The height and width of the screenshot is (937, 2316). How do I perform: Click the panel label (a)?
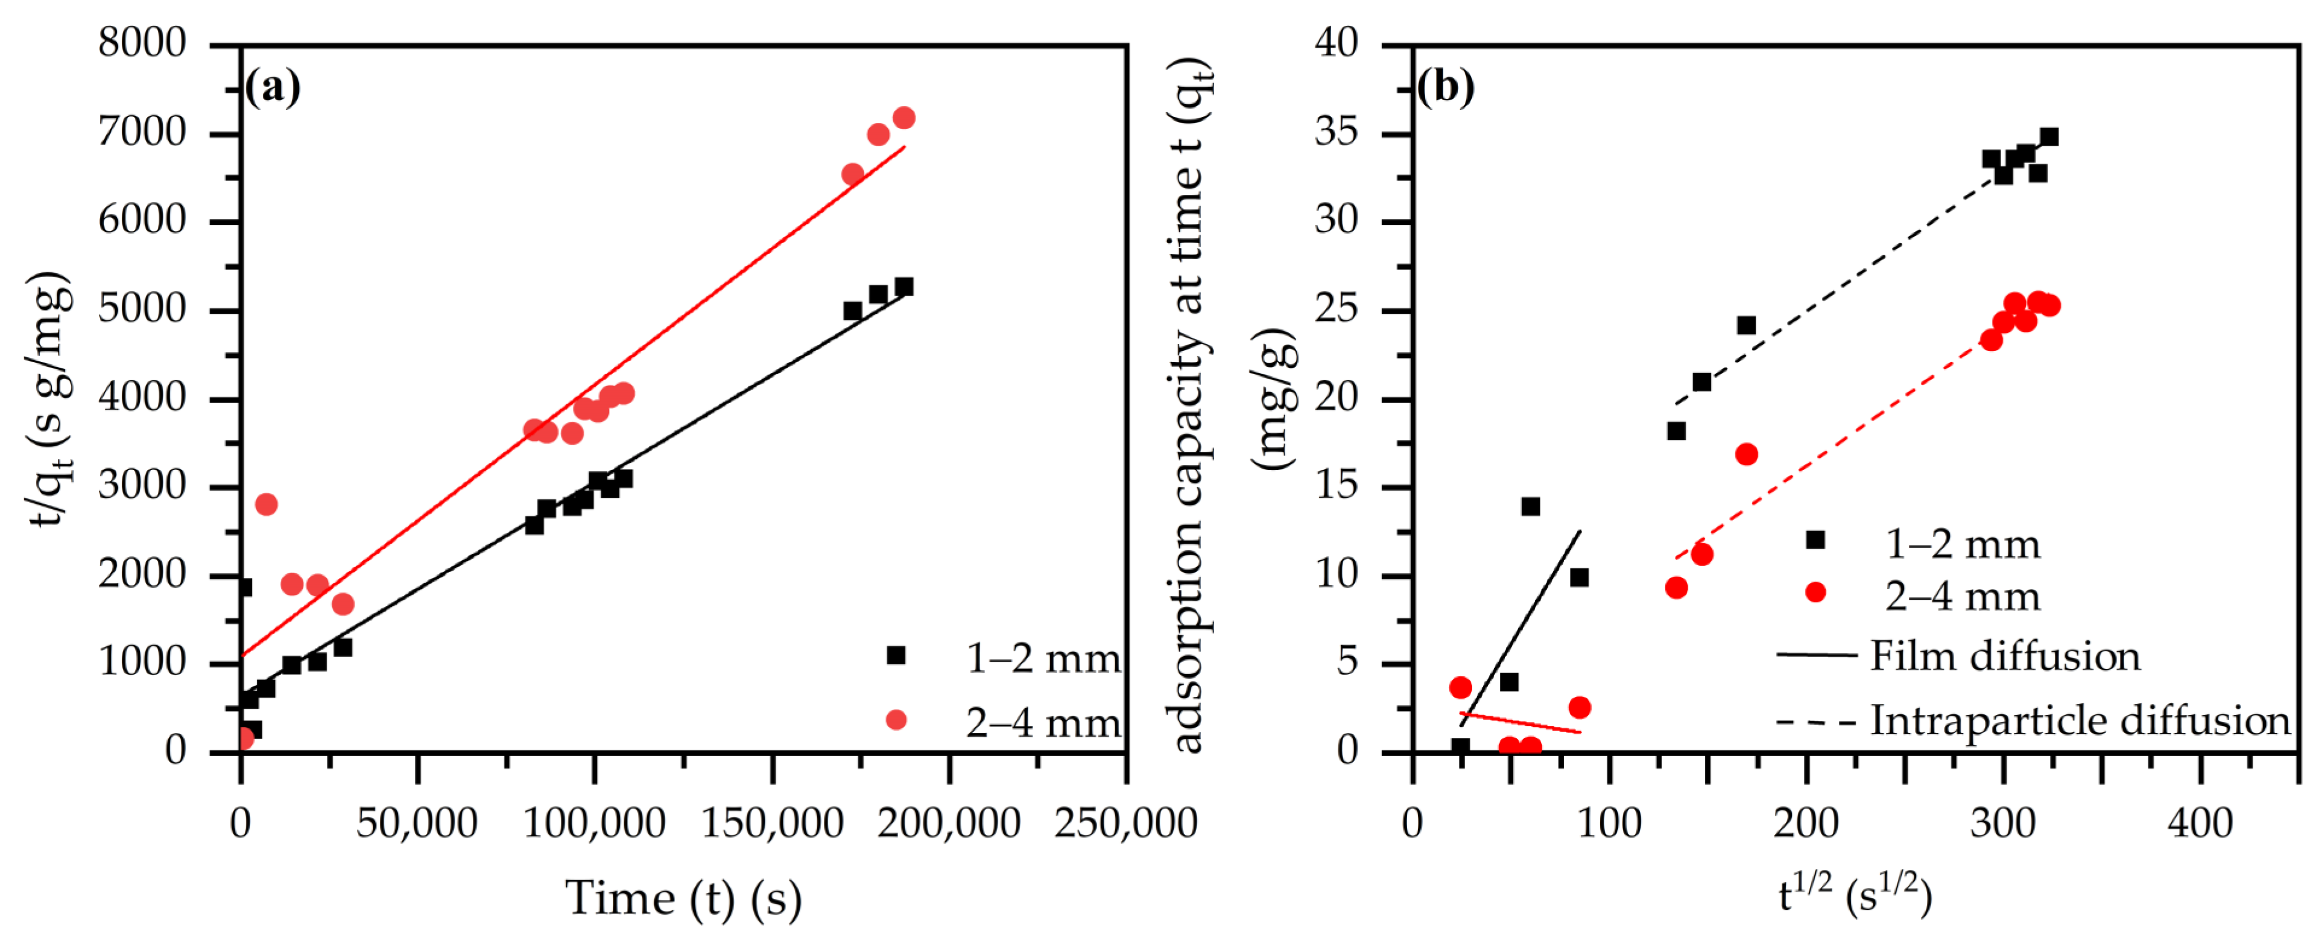(273, 87)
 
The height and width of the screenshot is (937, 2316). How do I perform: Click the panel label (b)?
(1446, 87)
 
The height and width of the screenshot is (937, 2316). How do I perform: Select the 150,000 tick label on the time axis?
(771, 823)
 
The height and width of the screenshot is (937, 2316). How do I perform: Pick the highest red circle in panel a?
(903, 118)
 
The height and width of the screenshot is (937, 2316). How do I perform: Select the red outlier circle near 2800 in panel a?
(266, 504)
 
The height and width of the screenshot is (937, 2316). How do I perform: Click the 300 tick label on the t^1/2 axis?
(2002, 823)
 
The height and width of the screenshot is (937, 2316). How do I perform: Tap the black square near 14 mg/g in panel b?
(1530, 506)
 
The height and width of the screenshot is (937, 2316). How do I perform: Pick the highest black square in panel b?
(2049, 137)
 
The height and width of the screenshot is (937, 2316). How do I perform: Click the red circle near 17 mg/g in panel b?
(1746, 454)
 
